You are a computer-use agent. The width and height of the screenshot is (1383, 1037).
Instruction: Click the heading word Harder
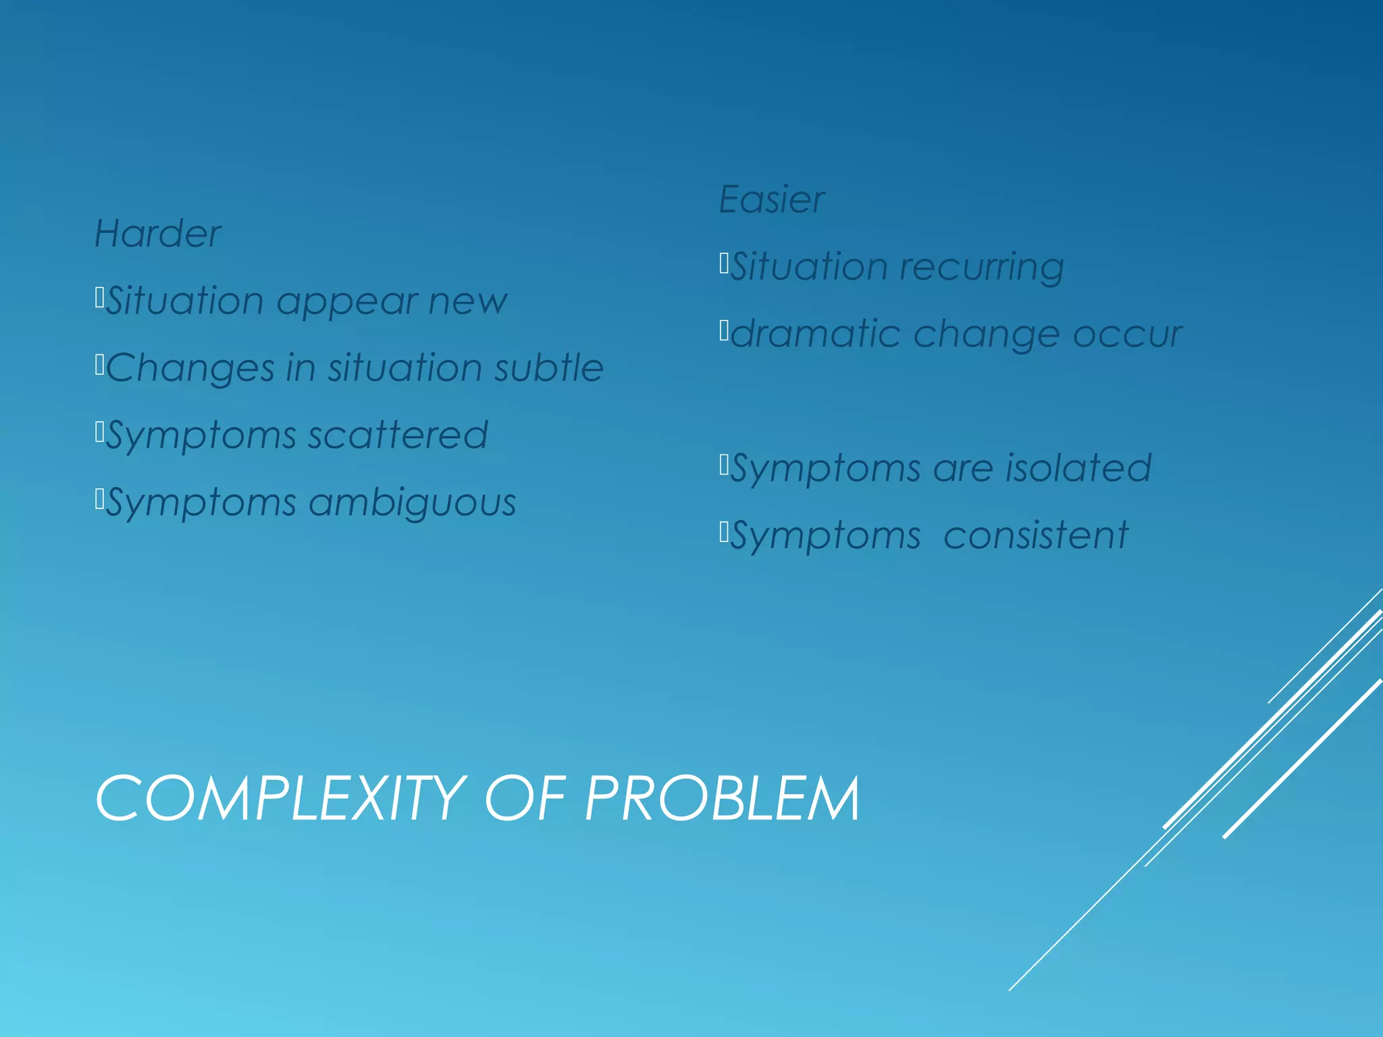(x=157, y=234)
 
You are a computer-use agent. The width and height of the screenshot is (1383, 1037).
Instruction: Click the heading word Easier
(x=771, y=200)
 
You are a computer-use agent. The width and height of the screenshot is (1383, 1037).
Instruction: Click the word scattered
(x=398, y=435)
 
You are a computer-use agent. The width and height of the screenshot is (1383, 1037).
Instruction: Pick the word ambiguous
(x=413, y=504)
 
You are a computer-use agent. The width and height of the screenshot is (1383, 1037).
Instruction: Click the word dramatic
(x=816, y=334)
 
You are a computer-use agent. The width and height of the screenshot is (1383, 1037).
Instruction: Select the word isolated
(x=1078, y=468)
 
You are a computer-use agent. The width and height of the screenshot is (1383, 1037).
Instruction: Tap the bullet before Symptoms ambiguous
(x=99, y=499)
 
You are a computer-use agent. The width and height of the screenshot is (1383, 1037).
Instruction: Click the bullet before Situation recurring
(x=724, y=263)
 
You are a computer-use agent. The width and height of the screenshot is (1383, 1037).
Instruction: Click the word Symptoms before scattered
(x=201, y=436)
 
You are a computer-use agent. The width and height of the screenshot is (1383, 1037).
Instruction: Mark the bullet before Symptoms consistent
(x=724, y=532)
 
